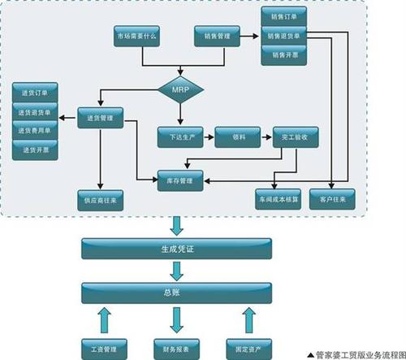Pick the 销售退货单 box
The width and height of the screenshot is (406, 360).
click(x=283, y=37)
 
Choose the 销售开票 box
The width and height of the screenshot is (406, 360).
click(x=283, y=55)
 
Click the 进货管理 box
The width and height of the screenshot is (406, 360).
click(x=98, y=119)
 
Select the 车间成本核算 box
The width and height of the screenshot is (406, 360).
click(x=276, y=199)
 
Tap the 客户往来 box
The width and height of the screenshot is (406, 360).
click(x=335, y=199)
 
